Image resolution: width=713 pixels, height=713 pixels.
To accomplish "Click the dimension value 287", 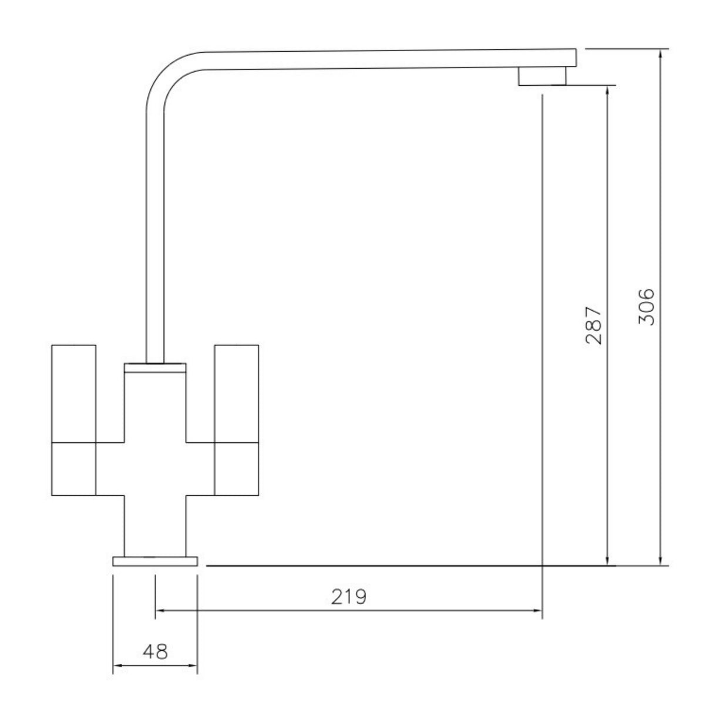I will [594, 325].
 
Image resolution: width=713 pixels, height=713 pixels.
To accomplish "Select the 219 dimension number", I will [348, 597].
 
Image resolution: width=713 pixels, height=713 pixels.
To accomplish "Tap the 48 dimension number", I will [155, 651].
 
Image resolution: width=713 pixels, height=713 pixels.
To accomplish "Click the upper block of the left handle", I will [74, 392].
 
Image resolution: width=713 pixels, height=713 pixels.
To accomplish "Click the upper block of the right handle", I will [236, 392].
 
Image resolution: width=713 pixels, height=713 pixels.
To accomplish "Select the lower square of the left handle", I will [74, 468].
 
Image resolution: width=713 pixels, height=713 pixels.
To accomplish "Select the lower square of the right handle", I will [236, 468].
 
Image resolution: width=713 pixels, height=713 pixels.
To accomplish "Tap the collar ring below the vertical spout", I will [155, 368].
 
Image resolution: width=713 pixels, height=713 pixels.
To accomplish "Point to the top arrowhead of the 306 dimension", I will [661, 53].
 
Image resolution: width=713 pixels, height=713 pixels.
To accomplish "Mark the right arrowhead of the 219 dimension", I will [537, 611].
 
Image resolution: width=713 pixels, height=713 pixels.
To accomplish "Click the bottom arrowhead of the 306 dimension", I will [661, 561].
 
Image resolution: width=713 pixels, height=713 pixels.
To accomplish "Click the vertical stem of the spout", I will [154, 235].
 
